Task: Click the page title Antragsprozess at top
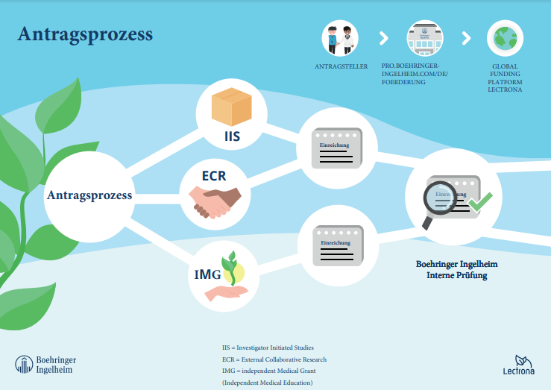(85, 34)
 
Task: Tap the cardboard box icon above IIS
(231, 107)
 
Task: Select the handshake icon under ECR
(215, 202)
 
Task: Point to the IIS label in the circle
(232, 136)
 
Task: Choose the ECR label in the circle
(213, 177)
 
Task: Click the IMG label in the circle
(207, 274)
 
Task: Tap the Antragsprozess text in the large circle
(89, 195)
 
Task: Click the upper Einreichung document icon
(336, 148)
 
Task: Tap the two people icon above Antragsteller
(340, 39)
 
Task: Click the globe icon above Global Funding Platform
(505, 39)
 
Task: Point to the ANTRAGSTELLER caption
(341, 66)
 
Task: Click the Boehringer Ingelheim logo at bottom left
(45, 365)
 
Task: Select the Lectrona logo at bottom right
(520, 363)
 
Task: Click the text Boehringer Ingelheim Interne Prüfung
(456, 270)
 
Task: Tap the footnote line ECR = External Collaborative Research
(274, 359)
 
